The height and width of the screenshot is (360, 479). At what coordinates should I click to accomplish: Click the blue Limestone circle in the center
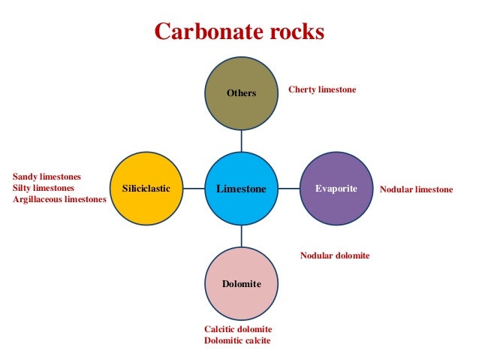242,188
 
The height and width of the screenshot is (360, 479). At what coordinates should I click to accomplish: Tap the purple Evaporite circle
336,188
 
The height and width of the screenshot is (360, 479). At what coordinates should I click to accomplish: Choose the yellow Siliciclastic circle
146,188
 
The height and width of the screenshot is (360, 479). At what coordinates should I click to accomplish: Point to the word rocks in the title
296,32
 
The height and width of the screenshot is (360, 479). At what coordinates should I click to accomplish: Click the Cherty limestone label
322,89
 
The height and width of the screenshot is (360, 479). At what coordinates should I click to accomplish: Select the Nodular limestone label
416,189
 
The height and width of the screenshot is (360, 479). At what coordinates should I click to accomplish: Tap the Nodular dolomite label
335,256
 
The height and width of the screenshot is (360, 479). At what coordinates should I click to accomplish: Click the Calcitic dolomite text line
238,329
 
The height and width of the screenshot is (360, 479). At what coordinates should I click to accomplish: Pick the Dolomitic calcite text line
237,341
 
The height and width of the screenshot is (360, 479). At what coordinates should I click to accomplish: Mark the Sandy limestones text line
47,177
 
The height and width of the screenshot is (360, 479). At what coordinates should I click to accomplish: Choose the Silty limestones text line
44,188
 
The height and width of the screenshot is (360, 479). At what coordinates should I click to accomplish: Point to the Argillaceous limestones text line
59,199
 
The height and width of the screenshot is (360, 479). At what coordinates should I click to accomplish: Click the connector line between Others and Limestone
242,141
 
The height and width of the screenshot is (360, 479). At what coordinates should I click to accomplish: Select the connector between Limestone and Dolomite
242,235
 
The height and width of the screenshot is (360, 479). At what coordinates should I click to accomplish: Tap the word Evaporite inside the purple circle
336,188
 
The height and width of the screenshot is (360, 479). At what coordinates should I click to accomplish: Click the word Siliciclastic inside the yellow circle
146,189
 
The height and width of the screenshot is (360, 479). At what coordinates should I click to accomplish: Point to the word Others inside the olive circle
242,93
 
